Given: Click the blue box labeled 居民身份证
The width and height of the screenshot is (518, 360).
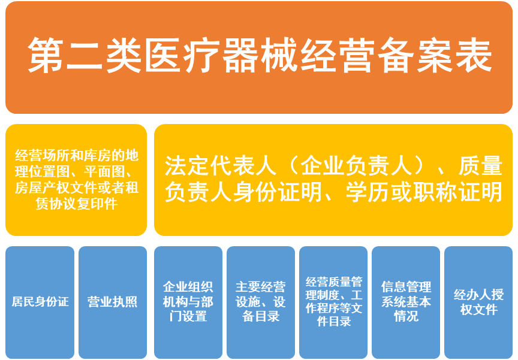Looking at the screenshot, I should (40, 302).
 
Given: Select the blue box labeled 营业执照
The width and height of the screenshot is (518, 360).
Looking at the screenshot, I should (113, 302).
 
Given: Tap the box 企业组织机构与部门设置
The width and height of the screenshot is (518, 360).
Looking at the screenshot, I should (188, 302).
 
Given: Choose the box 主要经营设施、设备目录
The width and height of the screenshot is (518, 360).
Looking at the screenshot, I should (261, 302).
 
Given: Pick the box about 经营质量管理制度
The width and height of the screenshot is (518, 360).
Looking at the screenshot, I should (333, 302).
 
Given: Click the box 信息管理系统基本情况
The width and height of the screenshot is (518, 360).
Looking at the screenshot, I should (406, 302).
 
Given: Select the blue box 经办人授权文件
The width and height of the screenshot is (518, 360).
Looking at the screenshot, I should (478, 302).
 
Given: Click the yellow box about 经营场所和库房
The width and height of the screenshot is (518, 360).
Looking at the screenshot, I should (76, 180).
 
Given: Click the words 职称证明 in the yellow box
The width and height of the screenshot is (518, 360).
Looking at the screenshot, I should (454, 192).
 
